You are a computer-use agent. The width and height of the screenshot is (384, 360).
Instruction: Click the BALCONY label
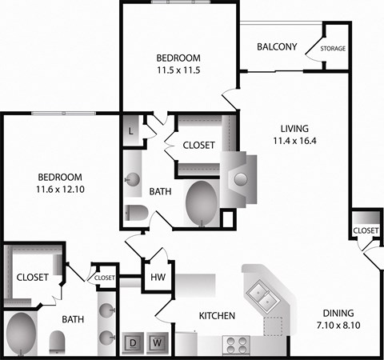(278, 46)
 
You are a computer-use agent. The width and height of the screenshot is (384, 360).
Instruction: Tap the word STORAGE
(333, 49)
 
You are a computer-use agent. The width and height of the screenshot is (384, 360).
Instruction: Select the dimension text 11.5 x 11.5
(178, 70)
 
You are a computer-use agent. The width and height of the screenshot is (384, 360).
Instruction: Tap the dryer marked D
(133, 343)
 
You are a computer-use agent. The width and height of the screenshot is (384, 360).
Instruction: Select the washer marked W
(158, 343)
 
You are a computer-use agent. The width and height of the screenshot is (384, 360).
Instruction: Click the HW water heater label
(158, 278)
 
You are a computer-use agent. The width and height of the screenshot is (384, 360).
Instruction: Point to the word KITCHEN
(218, 316)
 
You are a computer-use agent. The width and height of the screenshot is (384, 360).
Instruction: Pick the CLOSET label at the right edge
(366, 230)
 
